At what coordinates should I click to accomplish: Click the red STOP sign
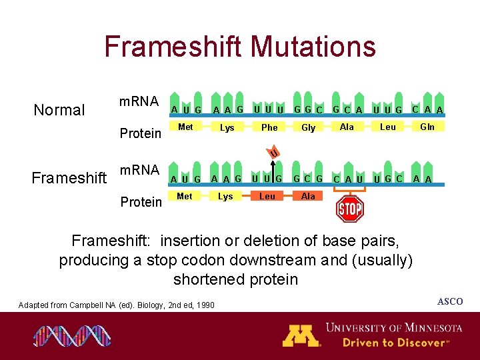tap(349, 209)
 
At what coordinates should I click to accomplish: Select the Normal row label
tap(59, 110)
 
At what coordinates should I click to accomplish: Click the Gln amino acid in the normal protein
tap(427, 127)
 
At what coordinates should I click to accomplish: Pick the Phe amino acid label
tap(269, 127)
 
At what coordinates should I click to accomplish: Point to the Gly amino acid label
tap(308, 127)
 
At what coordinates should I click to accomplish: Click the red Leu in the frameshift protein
tap(267, 196)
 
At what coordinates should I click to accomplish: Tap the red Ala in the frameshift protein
tap(308, 196)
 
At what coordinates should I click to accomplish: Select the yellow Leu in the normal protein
tap(387, 127)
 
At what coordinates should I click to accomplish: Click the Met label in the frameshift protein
tap(185, 196)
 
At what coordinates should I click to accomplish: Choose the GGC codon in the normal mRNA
tap(309, 109)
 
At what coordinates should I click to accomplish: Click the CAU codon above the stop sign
tap(349, 179)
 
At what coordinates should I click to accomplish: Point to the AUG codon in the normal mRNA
tap(186, 110)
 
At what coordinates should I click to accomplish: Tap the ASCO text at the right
tap(449, 302)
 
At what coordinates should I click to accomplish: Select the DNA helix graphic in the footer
tap(63, 335)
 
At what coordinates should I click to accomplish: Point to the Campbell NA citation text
tap(117, 305)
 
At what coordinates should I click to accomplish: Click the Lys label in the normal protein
tap(227, 127)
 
